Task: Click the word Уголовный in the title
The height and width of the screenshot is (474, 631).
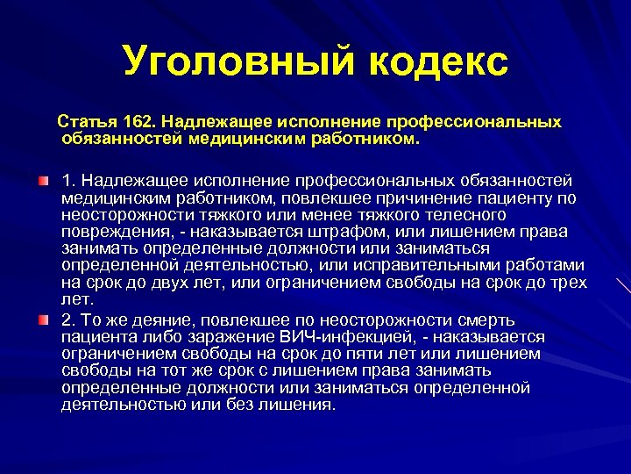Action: click(x=226, y=61)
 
